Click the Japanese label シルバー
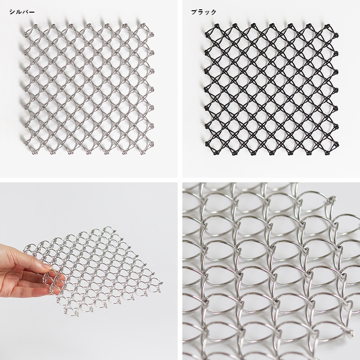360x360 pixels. point(22,12)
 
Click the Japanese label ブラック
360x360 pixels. point(204,12)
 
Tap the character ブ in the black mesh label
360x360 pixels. point(194,12)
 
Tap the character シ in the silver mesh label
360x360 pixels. point(12,12)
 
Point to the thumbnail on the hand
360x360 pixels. point(48,266)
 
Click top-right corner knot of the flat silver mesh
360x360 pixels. point(143,25)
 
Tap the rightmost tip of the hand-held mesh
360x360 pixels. point(162,283)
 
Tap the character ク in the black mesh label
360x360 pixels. point(213,12)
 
